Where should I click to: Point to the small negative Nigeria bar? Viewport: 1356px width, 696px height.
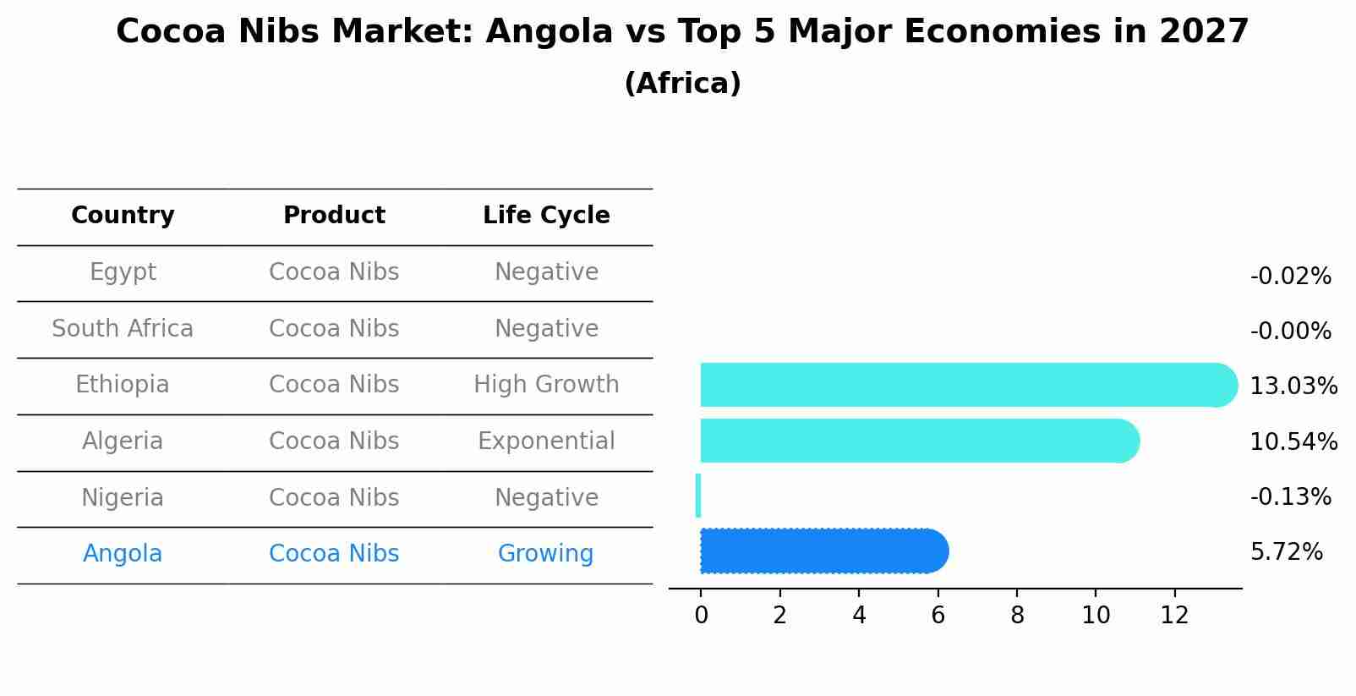[x=698, y=496]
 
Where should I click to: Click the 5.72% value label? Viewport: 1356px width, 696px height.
[x=1286, y=552]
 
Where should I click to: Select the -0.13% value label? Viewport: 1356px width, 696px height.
[x=1290, y=496]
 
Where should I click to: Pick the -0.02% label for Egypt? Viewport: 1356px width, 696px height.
[x=1290, y=277]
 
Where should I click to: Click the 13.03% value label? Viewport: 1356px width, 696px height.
[x=1293, y=386]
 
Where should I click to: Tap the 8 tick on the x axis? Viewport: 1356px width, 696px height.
[x=1017, y=616]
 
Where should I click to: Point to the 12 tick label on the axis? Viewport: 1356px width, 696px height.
[x=1174, y=616]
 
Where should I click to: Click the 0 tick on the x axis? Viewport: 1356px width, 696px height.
[x=701, y=616]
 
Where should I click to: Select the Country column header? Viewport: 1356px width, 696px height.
[x=123, y=216]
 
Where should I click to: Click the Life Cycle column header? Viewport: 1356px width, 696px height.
[x=546, y=216]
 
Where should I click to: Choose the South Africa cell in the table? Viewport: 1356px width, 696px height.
[x=123, y=329]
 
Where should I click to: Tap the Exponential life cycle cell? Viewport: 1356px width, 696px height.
[x=546, y=441]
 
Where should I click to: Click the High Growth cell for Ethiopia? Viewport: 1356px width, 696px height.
[x=546, y=385]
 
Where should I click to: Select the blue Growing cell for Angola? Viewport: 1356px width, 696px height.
[x=545, y=554]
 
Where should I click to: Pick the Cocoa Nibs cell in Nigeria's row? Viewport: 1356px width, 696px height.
[x=334, y=498]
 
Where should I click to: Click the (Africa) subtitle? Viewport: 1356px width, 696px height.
[x=682, y=84]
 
